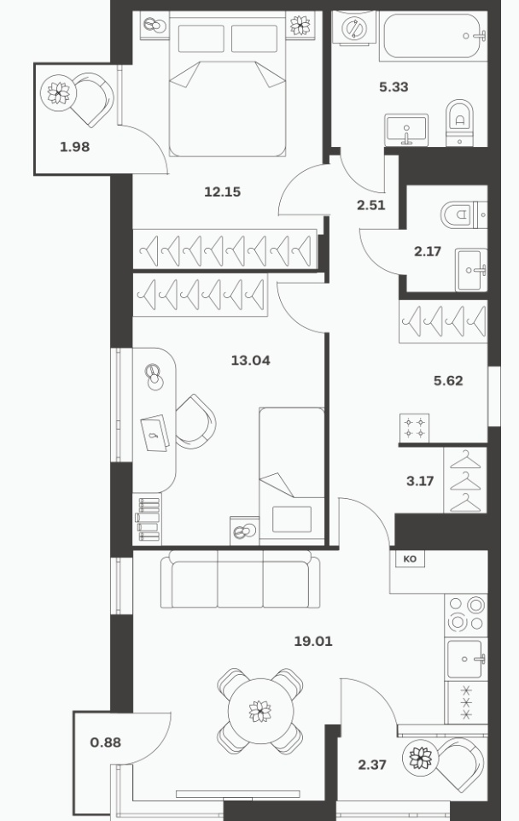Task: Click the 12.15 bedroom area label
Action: click(x=222, y=192)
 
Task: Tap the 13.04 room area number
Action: click(x=251, y=361)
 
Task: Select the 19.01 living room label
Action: click(x=313, y=641)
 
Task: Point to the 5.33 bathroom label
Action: click(x=394, y=87)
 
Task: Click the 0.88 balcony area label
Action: click(x=106, y=742)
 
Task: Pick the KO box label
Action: click(x=411, y=560)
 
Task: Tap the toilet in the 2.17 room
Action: click(x=464, y=214)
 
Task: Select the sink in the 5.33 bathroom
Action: click(x=406, y=130)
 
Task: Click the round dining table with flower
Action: click(x=260, y=711)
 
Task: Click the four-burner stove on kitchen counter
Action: click(x=466, y=614)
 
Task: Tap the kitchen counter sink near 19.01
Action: click(x=466, y=659)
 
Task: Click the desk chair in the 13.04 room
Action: click(x=195, y=421)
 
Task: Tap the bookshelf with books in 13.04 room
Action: click(x=148, y=519)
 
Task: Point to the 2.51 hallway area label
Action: click(x=371, y=205)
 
